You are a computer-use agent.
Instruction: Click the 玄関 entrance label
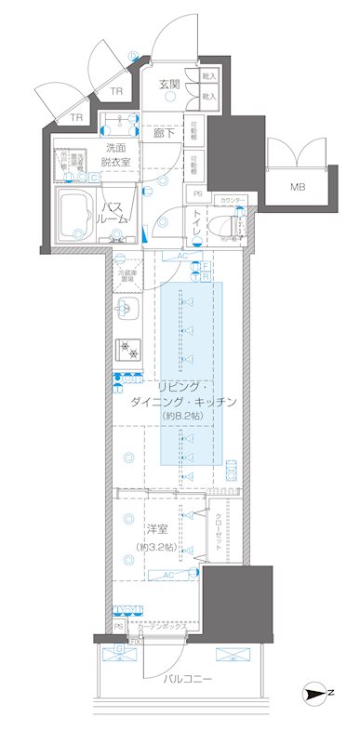[167, 85]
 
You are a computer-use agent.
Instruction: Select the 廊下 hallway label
[165, 133]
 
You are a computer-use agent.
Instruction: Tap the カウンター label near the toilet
[233, 200]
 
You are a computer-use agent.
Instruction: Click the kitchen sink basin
[127, 309]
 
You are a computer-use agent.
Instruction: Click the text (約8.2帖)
[180, 417]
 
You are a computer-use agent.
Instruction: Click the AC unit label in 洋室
[168, 575]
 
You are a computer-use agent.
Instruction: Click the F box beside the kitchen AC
[207, 265]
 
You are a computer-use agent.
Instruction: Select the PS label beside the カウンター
[197, 193]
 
